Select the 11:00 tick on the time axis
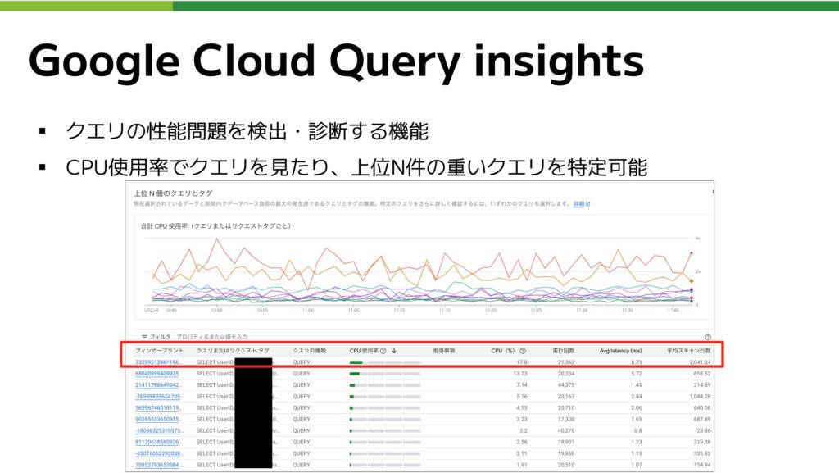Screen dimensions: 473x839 click(307, 311)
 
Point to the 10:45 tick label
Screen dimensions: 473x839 click(170, 311)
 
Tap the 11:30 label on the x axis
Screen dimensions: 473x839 click(582, 311)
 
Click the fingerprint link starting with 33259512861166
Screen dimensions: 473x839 click(159, 362)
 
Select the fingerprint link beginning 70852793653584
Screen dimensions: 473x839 click(159, 465)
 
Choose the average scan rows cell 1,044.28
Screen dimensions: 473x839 click(694, 396)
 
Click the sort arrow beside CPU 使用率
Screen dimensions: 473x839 click(394, 350)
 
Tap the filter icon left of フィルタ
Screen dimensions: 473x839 click(143, 336)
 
